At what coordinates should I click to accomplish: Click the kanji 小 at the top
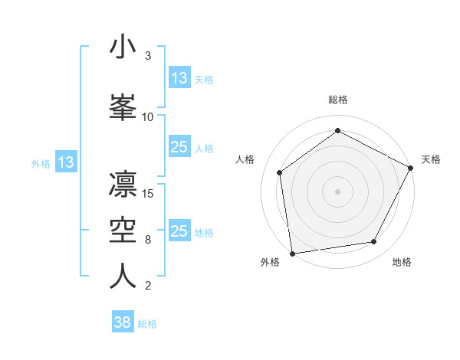click(x=123, y=47)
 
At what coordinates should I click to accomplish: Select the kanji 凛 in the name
click(x=123, y=183)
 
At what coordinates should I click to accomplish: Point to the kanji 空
click(x=123, y=230)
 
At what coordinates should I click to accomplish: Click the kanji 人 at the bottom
click(x=123, y=277)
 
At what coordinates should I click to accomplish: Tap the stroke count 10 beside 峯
click(x=148, y=116)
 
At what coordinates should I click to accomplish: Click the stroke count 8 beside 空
click(x=148, y=240)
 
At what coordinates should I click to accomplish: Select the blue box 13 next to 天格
click(x=179, y=78)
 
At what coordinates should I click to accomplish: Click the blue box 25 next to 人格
click(x=179, y=147)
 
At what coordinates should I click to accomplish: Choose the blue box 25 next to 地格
click(x=179, y=231)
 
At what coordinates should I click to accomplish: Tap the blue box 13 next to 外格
click(x=66, y=162)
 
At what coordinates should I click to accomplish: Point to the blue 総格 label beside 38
click(x=147, y=324)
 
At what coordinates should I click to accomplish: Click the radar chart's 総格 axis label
click(x=338, y=100)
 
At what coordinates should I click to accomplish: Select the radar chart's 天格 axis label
click(x=431, y=159)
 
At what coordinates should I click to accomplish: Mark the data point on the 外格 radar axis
click(x=292, y=253)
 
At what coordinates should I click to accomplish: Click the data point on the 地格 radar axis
click(x=374, y=242)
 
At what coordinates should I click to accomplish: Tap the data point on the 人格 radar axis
click(x=280, y=172)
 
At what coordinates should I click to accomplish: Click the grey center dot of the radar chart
click(x=337, y=190)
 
